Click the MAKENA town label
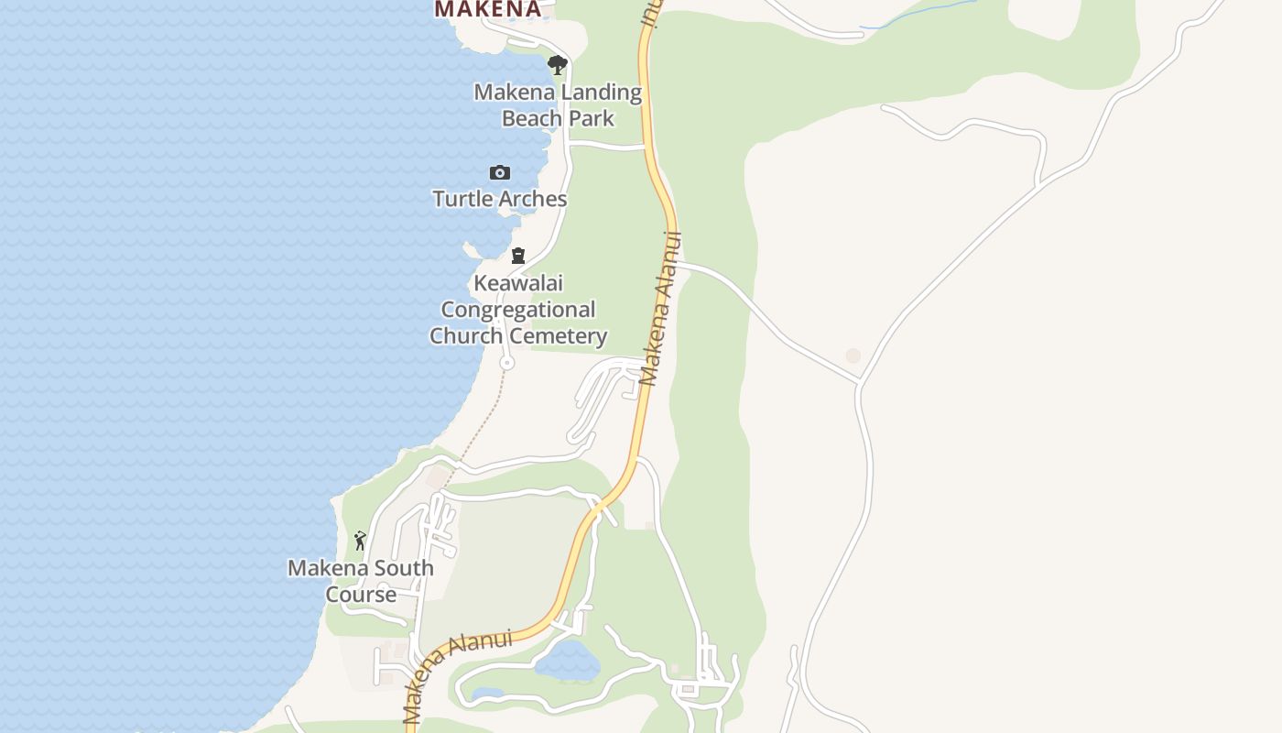pyautogui.click(x=487, y=9)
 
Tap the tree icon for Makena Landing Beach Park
pyautogui.click(x=557, y=65)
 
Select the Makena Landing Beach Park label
pyautogui.click(x=558, y=105)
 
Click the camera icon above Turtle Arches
pyautogui.click(x=499, y=173)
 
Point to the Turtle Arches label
pyautogui.click(x=500, y=199)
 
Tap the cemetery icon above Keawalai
pyautogui.click(x=518, y=256)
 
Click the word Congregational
pyautogui.click(x=518, y=310)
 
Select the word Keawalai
pyautogui.click(x=518, y=283)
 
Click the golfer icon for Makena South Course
pyautogui.click(x=360, y=541)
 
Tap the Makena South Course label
pyautogui.click(x=361, y=581)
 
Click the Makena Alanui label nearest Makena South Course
pyautogui.click(x=456, y=675)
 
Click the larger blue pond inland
pyautogui.click(x=568, y=660)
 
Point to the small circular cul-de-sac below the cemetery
pyautogui.click(x=506, y=364)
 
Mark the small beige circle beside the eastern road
pyautogui.click(x=853, y=356)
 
